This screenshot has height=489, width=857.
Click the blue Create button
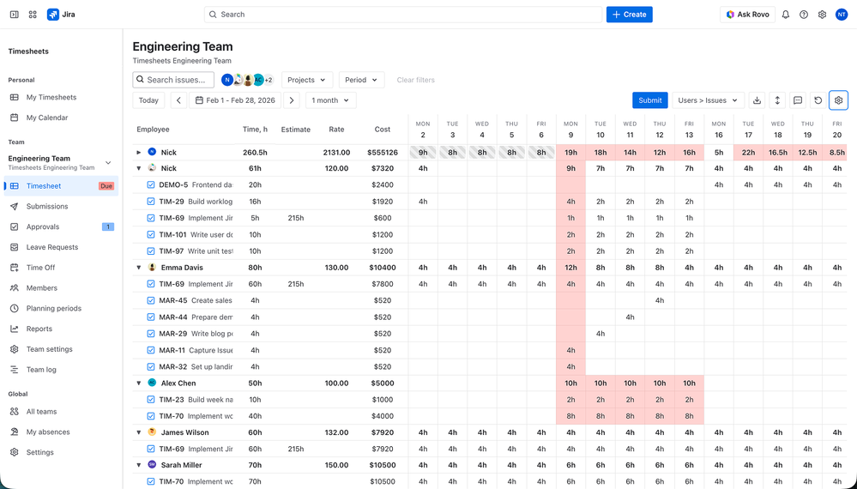pos(629,15)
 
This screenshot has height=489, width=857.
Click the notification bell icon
pos(785,15)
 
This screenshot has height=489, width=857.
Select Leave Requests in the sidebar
pos(51,247)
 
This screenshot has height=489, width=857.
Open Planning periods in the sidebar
pos(53,308)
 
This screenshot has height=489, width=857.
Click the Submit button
pos(649,100)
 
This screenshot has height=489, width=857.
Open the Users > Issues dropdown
pos(708,100)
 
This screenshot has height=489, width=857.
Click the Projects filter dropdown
pos(306,80)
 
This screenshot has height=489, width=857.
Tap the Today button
pos(148,100)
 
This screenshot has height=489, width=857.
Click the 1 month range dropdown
pos(330,100)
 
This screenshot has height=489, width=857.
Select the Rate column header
pos(336,130)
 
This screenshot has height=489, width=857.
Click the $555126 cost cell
pos(382,153)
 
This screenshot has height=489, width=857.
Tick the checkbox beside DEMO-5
pos(151,184)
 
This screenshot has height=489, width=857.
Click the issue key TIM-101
pos(172,234)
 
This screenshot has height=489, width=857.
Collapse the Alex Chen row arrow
pos(139,383)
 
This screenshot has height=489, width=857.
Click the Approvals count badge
pos(107,226)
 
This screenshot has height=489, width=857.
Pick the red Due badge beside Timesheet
pos(106,186)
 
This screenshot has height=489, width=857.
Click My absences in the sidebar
pos(48,432)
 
